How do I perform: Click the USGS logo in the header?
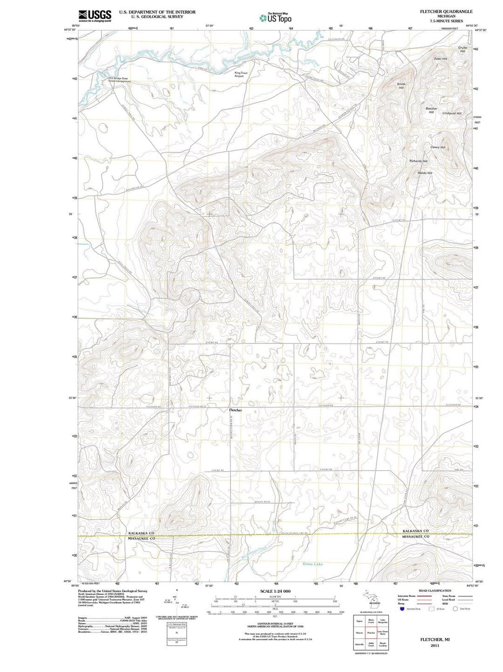coord(95,16)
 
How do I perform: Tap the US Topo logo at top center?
coord(275,18)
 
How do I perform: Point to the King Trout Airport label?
coord(239,75)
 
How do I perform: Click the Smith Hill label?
coord(401,85)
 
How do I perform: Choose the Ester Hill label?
coord(440,59)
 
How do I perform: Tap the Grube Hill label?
coord(462,49)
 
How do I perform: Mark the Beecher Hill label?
coord(431,110)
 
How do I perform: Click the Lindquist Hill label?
coord(452,113)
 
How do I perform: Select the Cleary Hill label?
coord(437,147)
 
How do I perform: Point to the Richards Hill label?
coord(418,161)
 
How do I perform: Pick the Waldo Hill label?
coord(425,173)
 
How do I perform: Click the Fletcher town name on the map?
coord(236,410)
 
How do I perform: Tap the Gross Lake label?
coord(313,564)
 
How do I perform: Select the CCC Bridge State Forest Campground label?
coord(119,80)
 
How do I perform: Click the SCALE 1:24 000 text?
coord(275,591)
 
